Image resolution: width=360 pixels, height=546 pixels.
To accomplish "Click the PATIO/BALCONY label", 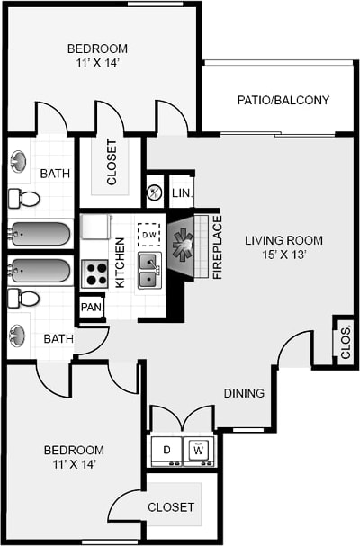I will point(283,101).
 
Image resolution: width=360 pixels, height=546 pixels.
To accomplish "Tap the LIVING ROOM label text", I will point(283,240).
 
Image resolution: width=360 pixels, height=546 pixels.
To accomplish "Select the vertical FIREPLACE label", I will point(217,246).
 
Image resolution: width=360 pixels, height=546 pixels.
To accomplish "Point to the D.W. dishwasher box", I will point(148,236).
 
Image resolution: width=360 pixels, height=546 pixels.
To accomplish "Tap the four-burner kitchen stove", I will point(94,273).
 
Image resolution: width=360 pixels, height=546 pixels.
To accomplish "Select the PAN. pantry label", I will point(92,308).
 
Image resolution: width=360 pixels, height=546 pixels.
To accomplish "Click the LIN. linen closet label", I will point(181,193).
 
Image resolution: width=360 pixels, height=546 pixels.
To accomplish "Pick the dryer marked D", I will point(166,449).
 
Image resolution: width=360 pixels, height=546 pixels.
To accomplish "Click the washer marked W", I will point(199,449).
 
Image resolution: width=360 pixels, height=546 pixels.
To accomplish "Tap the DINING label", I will point(244,393).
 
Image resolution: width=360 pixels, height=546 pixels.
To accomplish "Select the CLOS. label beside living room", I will point(346,342).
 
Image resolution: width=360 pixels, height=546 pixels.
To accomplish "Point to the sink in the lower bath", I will point(19,336).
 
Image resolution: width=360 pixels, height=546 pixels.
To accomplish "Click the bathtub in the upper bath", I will point(40,235).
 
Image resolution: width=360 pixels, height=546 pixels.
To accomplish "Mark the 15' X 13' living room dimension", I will point(283,256).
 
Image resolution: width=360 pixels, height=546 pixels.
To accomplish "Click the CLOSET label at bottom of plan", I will point(170,507).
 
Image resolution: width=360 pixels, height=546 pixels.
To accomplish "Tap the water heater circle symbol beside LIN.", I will point(154,192).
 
